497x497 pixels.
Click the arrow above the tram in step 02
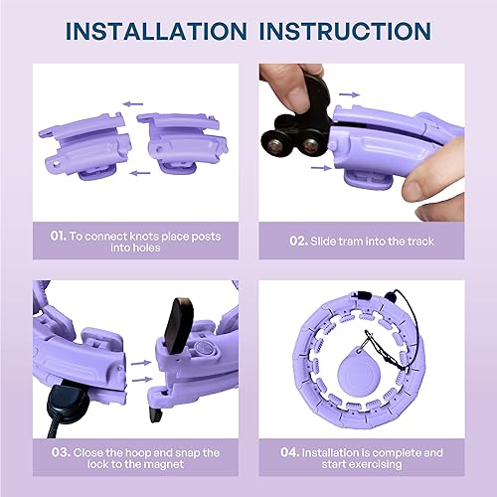[348, 94]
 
